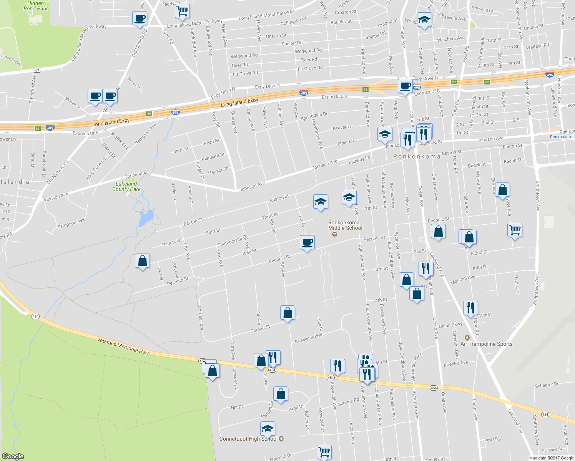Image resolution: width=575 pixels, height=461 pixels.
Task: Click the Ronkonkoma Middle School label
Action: tap(345, 225)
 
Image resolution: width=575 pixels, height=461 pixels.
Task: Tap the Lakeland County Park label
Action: tap(126, 186)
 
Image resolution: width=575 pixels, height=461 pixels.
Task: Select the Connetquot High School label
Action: tap(248, 439)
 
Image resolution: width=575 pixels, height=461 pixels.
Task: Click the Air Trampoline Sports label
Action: tap(486, 344)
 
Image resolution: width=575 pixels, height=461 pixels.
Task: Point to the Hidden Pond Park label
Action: tap(35, 6)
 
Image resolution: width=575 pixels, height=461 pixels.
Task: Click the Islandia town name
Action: tap(15, 182)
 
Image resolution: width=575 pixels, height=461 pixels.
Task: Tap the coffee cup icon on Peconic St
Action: tap(307, 243)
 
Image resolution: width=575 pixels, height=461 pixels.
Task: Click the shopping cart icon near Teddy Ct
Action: tap(182, 11)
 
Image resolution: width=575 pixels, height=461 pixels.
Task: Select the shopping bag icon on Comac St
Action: tap(287, 313)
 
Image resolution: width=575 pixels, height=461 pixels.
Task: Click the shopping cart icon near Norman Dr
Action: tap(324, 452)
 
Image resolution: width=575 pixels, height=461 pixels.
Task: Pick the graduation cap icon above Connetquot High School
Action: tap(268, 429)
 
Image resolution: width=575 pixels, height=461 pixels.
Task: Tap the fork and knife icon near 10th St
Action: tap(470, 308)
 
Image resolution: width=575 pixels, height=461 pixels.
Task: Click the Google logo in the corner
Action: tap(13, 456)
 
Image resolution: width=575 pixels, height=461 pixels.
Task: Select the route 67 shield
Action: tap(37, 70)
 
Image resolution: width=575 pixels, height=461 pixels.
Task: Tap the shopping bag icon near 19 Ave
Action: tap(143, 261)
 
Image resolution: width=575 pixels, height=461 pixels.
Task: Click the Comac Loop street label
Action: tap(200, 318)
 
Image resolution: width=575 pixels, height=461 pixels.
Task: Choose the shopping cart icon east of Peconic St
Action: tap(514, 230)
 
